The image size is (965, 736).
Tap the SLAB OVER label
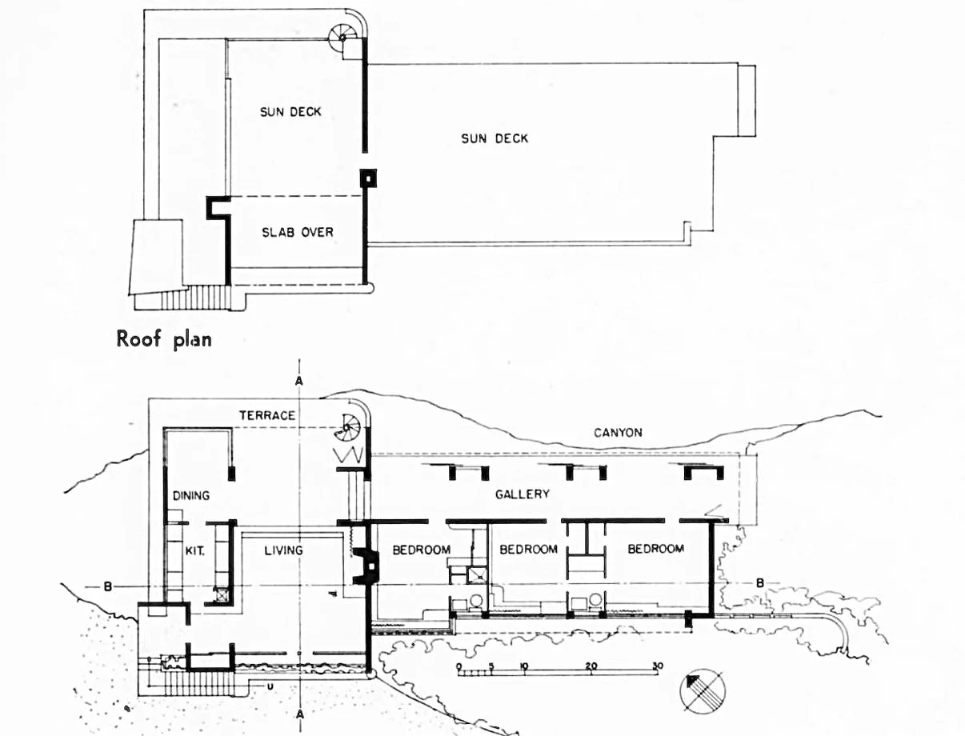(298, 232)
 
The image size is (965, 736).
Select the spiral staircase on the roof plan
(342, 38)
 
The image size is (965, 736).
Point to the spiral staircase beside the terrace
(348, 427)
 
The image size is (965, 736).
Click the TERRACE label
(267, 415)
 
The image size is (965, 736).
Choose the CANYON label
(618, 433)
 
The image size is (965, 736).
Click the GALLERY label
(523, 494)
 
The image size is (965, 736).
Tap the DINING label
(190, 496)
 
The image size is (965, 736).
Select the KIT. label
(194, 550)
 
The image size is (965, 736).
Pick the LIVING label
(283, 550)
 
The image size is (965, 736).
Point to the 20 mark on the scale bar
(591, 666)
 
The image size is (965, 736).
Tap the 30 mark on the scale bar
(657, 666)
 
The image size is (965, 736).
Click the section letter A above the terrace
(299, 381)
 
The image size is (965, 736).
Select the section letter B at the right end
(760, 583)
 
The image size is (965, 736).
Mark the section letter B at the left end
(107, 586)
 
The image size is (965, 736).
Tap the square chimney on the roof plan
(368, 178)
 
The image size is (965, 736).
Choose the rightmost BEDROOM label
(655, 549)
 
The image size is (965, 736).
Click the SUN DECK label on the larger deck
(495, 138)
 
